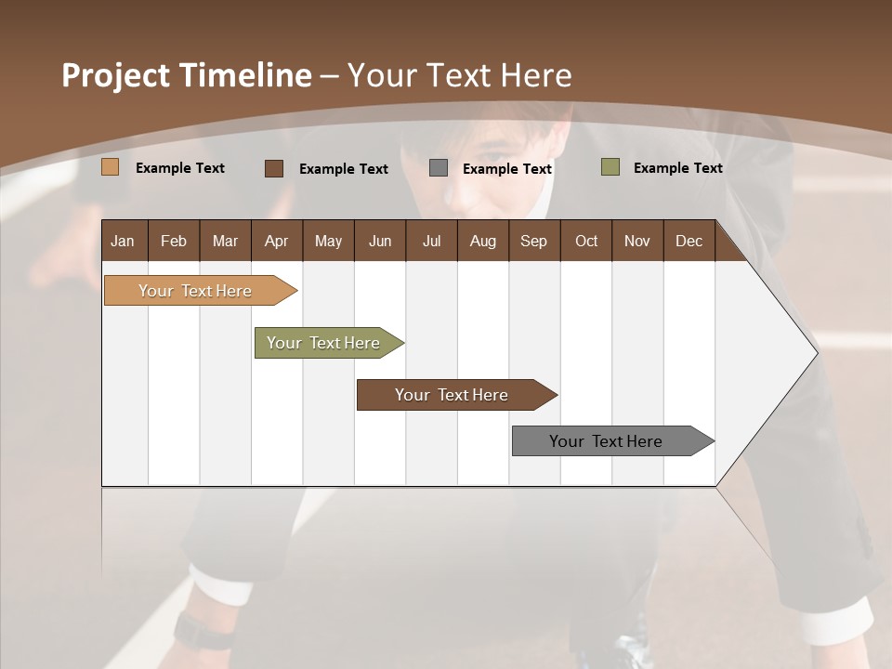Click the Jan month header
pos(123,242)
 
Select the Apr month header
pos(276,242)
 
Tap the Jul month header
pos(431,242)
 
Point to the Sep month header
pos(533,242)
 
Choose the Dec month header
pos(689,242)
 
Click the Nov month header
pos(636,242)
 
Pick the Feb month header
pos(174,242)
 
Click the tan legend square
pos(111,167)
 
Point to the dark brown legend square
pos(274,168)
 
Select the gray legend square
pos(439,167)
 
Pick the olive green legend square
pos(610,167)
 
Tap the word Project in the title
pos(115,75)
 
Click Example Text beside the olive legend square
pos(677,168)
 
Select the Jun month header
pos(380,242)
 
